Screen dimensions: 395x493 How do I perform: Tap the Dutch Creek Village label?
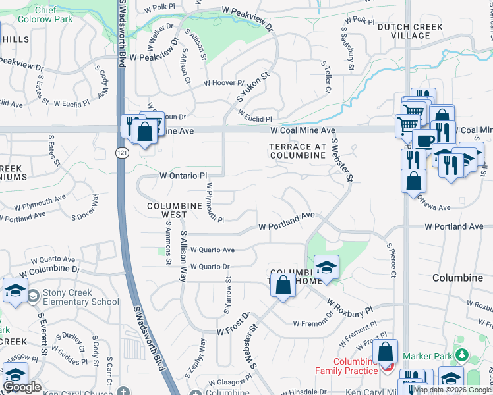pyautogui.click(x=403, y=31)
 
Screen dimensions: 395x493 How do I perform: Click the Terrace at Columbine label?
pyautogui.click(x=297, y=151)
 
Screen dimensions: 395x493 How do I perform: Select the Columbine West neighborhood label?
pyautogui.click(x=175, y=210)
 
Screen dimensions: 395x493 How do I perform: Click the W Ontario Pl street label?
pyautogui.click(x=183, y=176)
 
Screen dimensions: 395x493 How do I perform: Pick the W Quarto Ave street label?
pyautogui.click(x=212, y=250)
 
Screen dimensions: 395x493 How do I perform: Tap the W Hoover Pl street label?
pyautogui.click(x=223, y=83)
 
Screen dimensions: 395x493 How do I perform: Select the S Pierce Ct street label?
pyautogui.click(x=391, y=261)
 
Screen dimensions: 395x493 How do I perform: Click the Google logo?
pyautogui.click(x=22, y=387)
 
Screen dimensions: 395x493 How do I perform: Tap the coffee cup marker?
pyautogui.click(x=424, y=141)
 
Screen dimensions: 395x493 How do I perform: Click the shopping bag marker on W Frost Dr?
pyautogui.click(x=283, y=286)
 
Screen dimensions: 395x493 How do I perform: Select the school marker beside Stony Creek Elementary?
pyautogui.click(x=14, y=291)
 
